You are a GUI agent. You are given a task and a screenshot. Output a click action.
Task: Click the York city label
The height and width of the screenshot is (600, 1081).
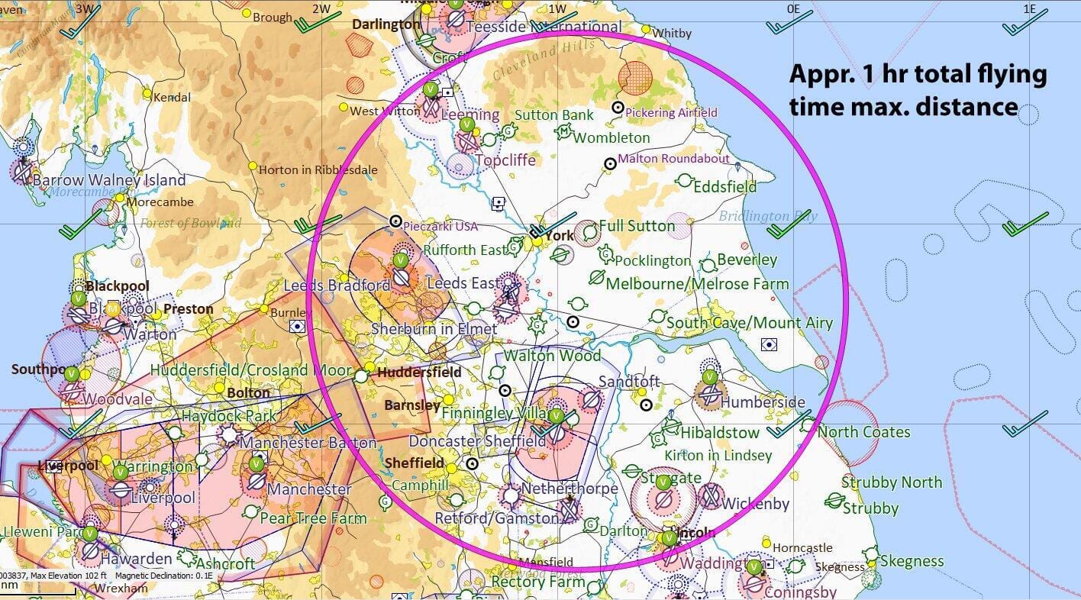pos(560,235)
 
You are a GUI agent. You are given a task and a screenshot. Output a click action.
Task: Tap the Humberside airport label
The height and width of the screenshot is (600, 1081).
pos(763,402)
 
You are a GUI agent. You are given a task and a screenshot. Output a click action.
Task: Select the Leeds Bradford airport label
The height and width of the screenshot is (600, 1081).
pos(337,285)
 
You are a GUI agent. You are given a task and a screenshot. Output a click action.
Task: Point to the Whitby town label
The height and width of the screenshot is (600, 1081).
pos(672,33)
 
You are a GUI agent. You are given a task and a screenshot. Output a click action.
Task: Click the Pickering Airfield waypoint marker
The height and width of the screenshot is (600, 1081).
pos(618,108)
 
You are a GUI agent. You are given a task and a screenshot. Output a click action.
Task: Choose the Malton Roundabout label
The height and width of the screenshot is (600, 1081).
pos(673,159)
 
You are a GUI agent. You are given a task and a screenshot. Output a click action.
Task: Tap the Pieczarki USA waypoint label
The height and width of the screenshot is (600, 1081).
pos(439,226)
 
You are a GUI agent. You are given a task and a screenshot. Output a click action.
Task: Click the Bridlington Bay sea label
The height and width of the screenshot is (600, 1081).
pos(768,216)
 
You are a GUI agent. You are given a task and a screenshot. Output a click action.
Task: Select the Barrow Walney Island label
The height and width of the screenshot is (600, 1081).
pos(109,180)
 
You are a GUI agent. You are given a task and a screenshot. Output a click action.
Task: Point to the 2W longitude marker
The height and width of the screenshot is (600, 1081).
pos(321,8)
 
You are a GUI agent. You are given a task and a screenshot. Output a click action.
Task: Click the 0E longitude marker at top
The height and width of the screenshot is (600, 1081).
pos(793,8)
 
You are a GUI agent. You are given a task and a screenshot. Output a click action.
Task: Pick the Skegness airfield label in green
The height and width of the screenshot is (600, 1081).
pos(912,561)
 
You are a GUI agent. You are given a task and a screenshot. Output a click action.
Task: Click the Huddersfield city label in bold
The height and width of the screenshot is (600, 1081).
pos(419,373)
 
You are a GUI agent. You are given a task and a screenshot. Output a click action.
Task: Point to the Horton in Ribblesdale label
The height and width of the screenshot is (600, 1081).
pos(318,169)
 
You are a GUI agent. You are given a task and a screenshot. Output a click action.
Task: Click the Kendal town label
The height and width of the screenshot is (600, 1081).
pos(172,98)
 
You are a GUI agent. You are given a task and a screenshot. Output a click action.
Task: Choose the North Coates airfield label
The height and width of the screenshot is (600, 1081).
pos(864,432)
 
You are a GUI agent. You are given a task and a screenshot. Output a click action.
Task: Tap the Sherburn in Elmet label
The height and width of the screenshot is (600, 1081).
pos(434,330)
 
